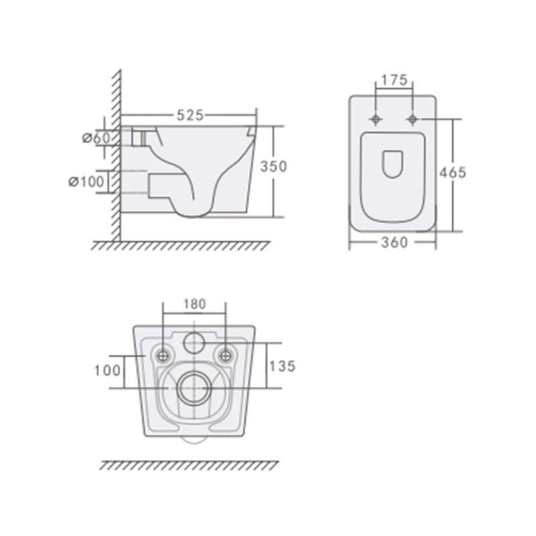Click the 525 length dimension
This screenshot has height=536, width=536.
pos(190,115)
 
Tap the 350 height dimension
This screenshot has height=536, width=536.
pos(273,166)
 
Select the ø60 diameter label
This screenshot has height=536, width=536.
pos(97,138)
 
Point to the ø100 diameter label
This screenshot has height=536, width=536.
pos(86,182)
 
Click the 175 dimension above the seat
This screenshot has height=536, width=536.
pos(394,80)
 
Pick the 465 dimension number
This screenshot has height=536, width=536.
pos(453,173)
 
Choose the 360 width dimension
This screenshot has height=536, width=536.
pos(395,243)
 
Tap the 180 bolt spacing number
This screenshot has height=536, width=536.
pos(194,304)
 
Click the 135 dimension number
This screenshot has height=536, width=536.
pos(282,366)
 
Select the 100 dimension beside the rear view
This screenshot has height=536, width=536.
pos(107,371)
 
